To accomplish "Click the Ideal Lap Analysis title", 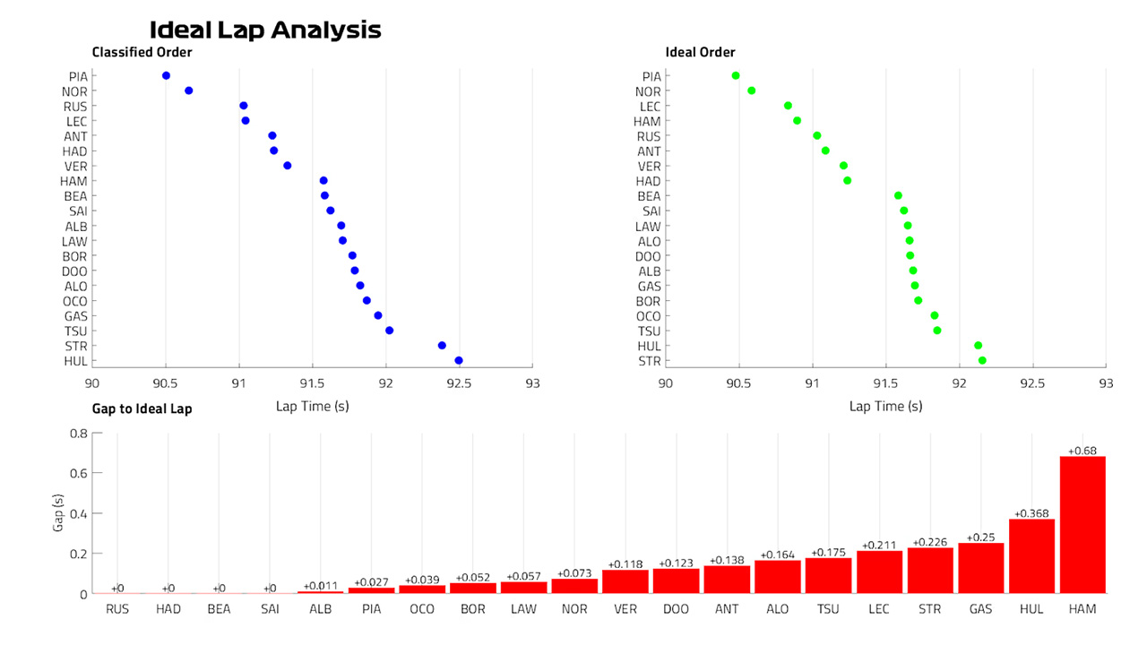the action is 265,30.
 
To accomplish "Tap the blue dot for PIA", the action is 166,76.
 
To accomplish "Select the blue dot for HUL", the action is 459,360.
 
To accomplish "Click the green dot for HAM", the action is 797,121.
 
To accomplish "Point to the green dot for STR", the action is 982,360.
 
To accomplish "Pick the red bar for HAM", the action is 1082,525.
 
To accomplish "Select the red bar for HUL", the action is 1031,556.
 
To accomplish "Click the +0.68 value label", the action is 1082,451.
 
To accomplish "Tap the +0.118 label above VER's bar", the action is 625,564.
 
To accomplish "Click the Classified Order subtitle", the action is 142,52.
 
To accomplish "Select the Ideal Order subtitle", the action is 700,52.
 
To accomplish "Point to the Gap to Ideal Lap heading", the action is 142,408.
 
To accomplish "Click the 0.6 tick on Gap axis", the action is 78,473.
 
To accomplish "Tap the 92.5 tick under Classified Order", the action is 459,383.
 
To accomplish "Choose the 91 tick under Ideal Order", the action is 812,383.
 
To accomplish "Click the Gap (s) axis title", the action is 58,513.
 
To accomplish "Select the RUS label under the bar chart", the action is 117,609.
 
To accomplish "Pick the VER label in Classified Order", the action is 76,167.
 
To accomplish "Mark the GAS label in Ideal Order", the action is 650,286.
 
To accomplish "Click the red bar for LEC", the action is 879,572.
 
